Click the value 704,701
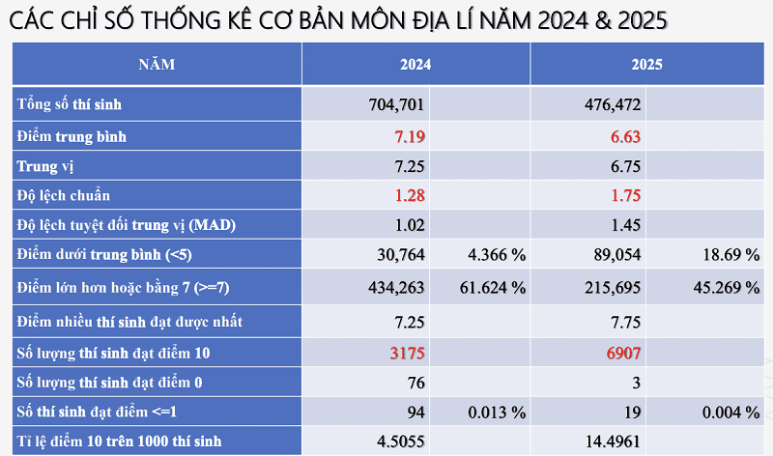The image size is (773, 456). click(x=397, y=103)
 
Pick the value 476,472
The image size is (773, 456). click(x=613, y=103)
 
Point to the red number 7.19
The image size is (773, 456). click(x=410, y=136)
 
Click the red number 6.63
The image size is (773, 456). click(x=625, y=136)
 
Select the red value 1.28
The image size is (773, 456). click(x=410, y=196)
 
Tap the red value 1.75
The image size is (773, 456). click(x=625, y=196)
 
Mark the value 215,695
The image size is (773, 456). click(x=613, y=287)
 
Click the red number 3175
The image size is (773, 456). click(x=406, y=353)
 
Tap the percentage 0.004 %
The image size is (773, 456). click(x=731, y=413)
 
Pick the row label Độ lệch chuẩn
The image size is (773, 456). click(x=63, y=196)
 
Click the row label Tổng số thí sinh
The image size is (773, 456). click(x=69, y=103)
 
